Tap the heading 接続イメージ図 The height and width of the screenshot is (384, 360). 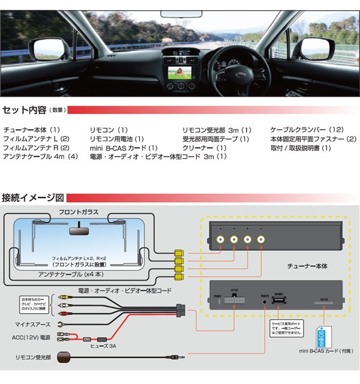tap(33, 197)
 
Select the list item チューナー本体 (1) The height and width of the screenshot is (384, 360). tap(32, 130)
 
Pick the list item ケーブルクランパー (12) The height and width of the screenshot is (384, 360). tap(307, 130)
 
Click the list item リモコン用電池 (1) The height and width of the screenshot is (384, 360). tap(116, 139)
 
